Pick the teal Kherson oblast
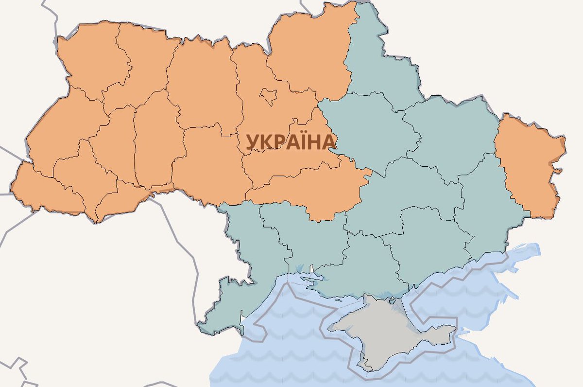(x=360, y=267)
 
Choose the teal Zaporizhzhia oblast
(x=428, y=243)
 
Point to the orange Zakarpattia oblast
(x=44, y=192)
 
